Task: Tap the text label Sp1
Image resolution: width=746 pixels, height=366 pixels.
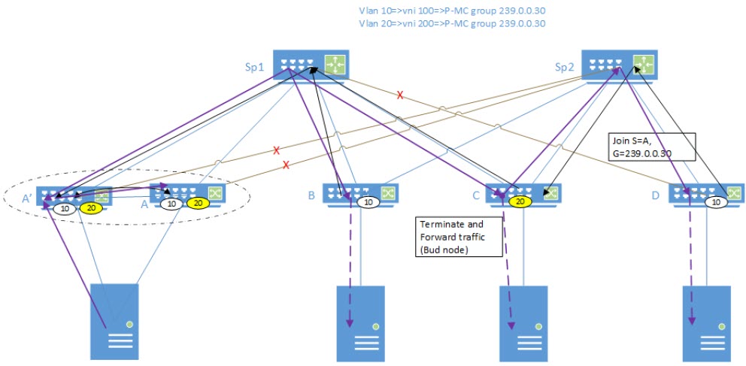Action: [x=253, y=68]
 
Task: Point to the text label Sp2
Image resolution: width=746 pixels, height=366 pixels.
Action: [x=565, y=67]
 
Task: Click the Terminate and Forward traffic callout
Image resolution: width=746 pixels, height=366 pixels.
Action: [x=459, y=238]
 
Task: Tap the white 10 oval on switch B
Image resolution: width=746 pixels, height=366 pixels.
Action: [x=368, y=201]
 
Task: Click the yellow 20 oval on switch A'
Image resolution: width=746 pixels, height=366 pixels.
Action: [x=91, y=207]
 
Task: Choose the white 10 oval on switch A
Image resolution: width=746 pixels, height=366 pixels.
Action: [x=172, y=203]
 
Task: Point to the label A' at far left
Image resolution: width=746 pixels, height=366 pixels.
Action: [x=27, y=200]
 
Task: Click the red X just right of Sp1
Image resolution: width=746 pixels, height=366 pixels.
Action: [x=400, y=95]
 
